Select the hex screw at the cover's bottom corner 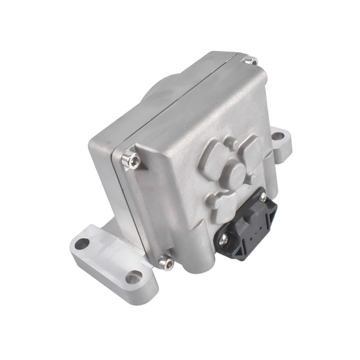click(166, 263)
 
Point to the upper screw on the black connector click(262, 197)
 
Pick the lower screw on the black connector click(223, 239)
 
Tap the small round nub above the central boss click(230, 144)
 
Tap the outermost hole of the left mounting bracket click(82, 243)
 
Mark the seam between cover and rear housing click(174, 108)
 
